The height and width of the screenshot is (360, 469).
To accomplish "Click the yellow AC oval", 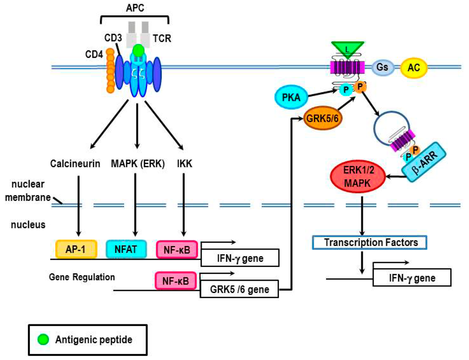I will (x=414, y=68).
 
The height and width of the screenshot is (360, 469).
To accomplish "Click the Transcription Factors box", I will (x=371, y=242).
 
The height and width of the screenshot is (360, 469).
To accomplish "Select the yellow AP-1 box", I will (x=76, y=249).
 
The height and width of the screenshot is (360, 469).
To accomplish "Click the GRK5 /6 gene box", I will (x=239, y=289).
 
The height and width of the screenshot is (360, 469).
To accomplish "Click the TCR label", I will (x=162, y=38).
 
